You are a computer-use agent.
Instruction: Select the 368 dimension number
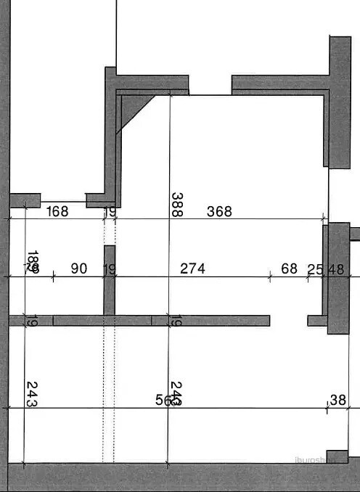click(x=219, y=211)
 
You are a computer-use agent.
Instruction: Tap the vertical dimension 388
click(x=176, y=205)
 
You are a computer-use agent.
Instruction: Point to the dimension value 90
click(x=79, y=268)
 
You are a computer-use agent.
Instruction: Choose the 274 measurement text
click(x=192, y=268)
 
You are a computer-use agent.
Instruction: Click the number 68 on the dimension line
click(x=289, y=268)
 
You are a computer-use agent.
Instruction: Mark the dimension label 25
click(x=315, y=269)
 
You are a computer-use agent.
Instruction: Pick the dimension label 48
click(x=336, y=269)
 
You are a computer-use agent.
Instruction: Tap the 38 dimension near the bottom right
click(x=337, y=400)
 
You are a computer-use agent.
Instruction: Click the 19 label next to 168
click(x=110, y=212)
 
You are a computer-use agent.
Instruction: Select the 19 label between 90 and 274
click(x=110, y=269)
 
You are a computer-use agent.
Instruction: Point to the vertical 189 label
click(x=32, y=262)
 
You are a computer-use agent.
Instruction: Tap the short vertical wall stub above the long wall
click(x=110, y=279)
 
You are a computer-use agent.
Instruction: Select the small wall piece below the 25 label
click(x=317, y=320)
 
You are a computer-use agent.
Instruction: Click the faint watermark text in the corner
click(x=316, y=459)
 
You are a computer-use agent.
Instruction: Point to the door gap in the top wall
click(x=210, y=85)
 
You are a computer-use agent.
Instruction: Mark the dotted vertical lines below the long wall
click(x=109, y=392)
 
